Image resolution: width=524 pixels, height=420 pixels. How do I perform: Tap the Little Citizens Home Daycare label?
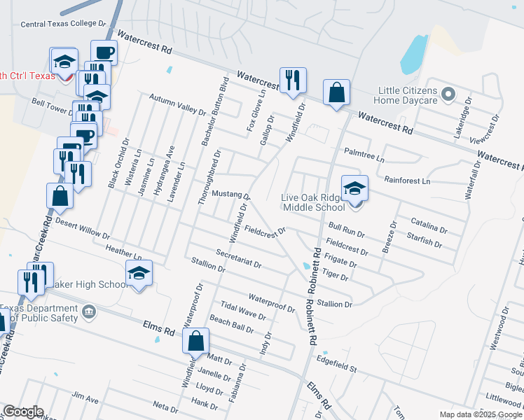(407, 95)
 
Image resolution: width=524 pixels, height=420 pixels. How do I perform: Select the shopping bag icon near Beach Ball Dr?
(197, 341)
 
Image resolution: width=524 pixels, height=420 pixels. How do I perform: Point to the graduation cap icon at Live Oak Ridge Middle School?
(355, 188)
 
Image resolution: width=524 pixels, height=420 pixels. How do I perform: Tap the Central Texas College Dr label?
(63, 24)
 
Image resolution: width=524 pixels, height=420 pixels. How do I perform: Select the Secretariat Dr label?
(238, 259)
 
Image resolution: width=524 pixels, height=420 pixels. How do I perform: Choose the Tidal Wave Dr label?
(243, 311)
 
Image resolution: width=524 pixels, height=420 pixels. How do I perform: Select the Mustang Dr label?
(230, 194)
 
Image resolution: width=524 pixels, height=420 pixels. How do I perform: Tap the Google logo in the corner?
(23, 412)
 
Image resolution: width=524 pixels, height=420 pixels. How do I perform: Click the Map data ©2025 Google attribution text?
(480, 414)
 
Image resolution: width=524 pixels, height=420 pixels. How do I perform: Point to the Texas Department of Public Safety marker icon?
(89, 311)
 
